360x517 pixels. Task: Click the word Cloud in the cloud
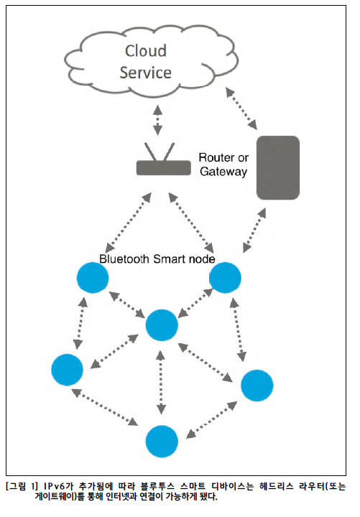pyautogui.click(x=146, y=51)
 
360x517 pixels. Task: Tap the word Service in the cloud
pyautogui.click(x=146, y=73)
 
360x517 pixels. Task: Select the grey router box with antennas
pyautogui.click(x=164, y=159)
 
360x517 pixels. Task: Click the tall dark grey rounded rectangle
pyautogui.click(x=278, y=168)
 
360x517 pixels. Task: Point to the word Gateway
pyautogui.click(x=223, y=172)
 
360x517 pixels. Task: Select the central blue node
pyautogui.click(x=162, y=325)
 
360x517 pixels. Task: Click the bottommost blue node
pyautogui.click(x=162, y=442)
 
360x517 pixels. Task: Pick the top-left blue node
pyautogui.click(x=93, y=278)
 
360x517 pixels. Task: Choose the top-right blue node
pyautogui.click(x=226, y=278)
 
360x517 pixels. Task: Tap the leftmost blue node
pyautogui.click(x=68, y=370)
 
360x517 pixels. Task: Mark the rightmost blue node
pyautogui.click(x=257, y=386)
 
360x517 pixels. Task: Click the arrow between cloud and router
pyautogui.click(x=158, y=120)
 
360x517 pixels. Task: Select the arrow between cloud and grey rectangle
pyautogui.click(x=241, y=108)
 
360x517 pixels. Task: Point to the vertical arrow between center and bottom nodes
pyautogui.click(x=161, y=383)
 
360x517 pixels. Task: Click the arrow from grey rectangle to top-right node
pyautogui.click(x=254, y=230)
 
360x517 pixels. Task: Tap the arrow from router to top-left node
pyautogui.click(x=129, y=223)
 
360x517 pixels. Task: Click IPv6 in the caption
pyautogui.click(x=55, y=486)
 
